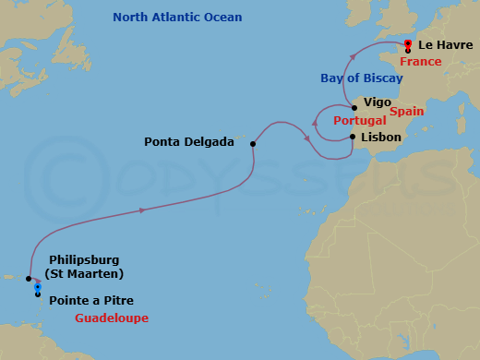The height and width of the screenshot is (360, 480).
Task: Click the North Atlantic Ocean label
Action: click(x=177, y=18)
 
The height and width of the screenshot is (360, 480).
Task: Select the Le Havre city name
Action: click(x=445, y=44)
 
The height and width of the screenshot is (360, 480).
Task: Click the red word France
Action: click(x=420, y=62)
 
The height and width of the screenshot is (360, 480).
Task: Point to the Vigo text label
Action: click(x=378, y=102)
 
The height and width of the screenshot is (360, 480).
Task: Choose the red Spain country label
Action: click(x=406, y=111)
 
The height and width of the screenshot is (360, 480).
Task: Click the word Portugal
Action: click(x=361, y=121)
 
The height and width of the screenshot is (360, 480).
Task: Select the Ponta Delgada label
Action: click(x=188, y=142)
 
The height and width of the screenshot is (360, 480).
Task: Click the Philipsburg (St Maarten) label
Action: click(x=84, y=267)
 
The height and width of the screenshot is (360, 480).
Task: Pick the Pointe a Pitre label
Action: click(x=90, y=299)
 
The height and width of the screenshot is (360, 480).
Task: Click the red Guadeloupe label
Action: click(x=112, y=318)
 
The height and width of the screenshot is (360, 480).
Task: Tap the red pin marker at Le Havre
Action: click(x=407, y=42)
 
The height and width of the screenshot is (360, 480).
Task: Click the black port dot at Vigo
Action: click(x=354, y=108)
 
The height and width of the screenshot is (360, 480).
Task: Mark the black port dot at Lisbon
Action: click(x=354, y=138)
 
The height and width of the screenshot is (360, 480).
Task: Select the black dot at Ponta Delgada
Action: click(x=252, y=143)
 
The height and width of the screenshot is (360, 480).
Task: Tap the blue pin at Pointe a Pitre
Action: click(x=37, y=288)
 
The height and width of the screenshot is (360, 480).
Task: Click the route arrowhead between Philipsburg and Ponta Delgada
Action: click(x=142, y=210)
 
